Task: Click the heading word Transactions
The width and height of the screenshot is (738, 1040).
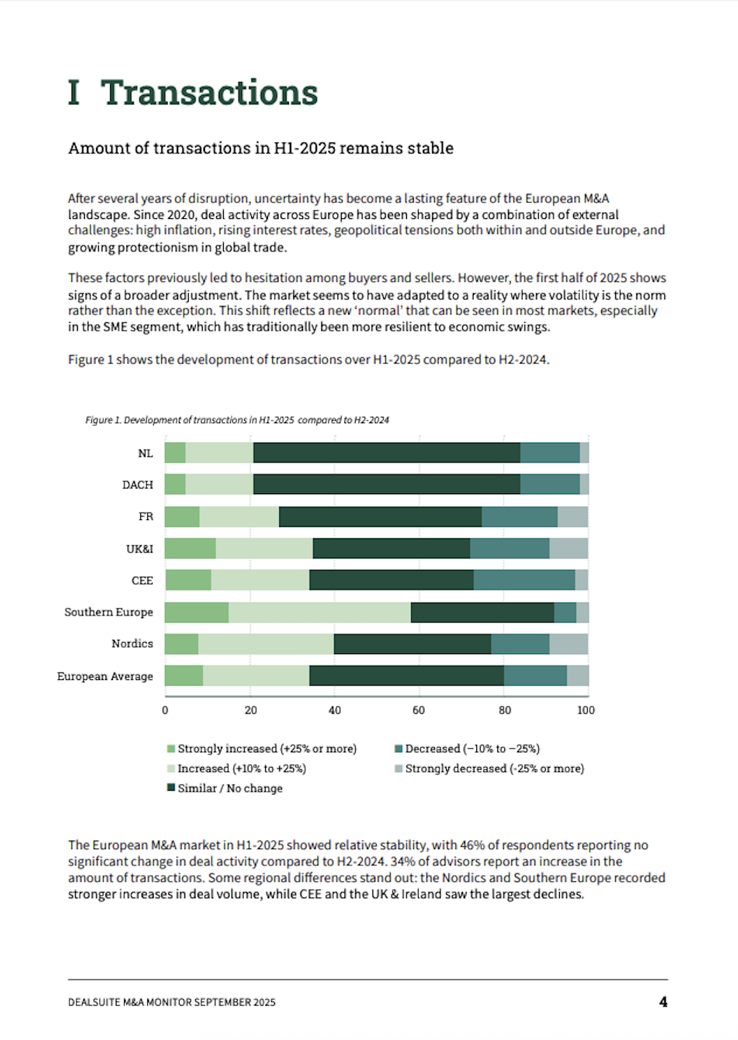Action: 209,93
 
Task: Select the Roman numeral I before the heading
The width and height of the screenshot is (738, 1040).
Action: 74,93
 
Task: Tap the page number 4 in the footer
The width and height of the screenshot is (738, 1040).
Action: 663,1001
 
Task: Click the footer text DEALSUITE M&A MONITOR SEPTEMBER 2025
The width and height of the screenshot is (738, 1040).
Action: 172,1002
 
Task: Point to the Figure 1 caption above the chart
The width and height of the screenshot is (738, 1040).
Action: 237,420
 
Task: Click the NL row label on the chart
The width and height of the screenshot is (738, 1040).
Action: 145,453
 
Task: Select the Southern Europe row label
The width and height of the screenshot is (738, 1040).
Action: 109,612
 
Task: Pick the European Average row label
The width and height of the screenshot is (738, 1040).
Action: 105,676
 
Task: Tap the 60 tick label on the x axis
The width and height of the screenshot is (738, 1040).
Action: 419,710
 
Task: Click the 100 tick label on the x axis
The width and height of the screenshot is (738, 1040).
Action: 586,710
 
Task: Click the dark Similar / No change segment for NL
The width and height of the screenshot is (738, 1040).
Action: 387,453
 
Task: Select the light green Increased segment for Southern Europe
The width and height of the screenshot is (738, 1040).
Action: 319,612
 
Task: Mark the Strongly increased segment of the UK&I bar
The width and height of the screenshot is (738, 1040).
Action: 190,549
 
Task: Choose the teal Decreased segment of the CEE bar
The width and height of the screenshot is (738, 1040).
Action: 524,580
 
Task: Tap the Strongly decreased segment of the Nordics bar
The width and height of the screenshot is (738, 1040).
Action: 569,644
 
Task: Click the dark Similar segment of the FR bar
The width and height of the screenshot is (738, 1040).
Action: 380,517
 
